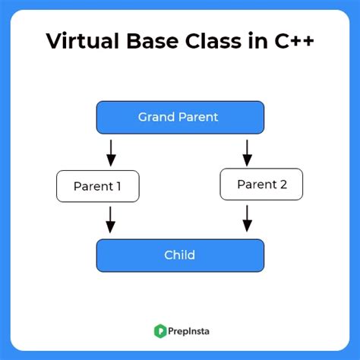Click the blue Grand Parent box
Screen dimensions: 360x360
click(x=179, y=117)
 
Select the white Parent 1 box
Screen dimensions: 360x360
click(x=97, y=186)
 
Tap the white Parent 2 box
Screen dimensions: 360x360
click(x=261, y=184)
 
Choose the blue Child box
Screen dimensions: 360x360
click(x=179, y=255)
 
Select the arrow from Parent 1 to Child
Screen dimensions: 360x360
click(x=111, y=220)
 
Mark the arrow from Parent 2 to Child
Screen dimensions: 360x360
click(x=247, y=219)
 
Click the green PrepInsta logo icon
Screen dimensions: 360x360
click(x=160, y=330)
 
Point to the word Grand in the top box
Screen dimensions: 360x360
click(x=155, y=117)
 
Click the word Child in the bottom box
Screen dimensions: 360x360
click(x=179, y=255)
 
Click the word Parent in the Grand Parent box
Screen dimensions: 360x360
click(x=197, y=117)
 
